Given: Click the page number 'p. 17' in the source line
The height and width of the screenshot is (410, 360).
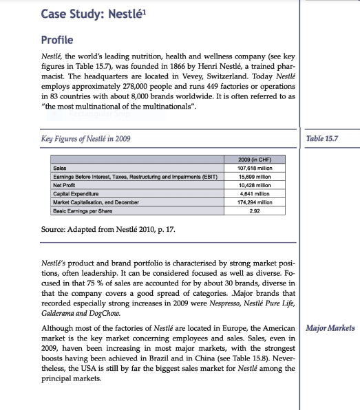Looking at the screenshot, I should point(165,230).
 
